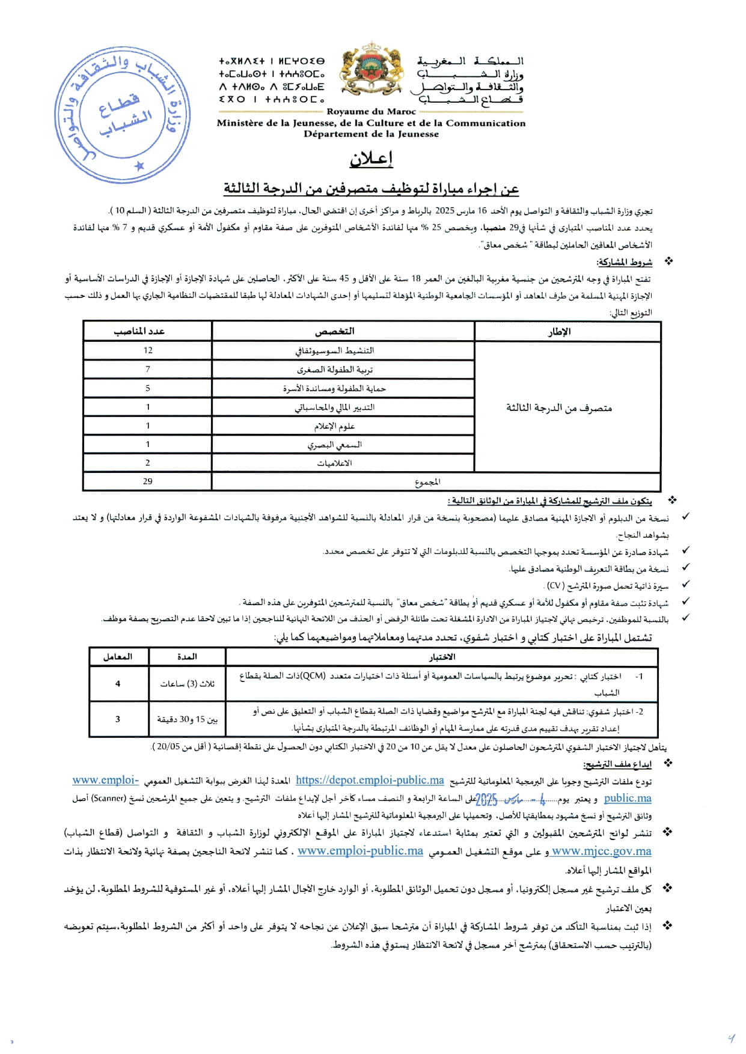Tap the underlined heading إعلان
(372, 159)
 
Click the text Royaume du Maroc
(371, 112)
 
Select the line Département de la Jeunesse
(371, 134)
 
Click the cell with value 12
(148, 350)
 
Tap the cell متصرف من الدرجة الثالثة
(558, 408)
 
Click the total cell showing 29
(148, 481)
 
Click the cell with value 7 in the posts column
(148, 369)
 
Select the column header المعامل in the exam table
(118, 657)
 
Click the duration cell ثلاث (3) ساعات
(187, 684)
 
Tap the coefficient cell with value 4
(118, 684)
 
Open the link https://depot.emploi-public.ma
(370, 780)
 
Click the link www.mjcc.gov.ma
(602, 851)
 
